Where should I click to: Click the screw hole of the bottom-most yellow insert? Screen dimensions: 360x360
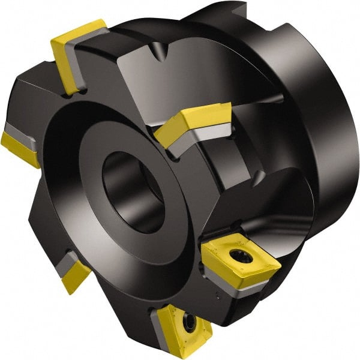[x=188, y=323]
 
